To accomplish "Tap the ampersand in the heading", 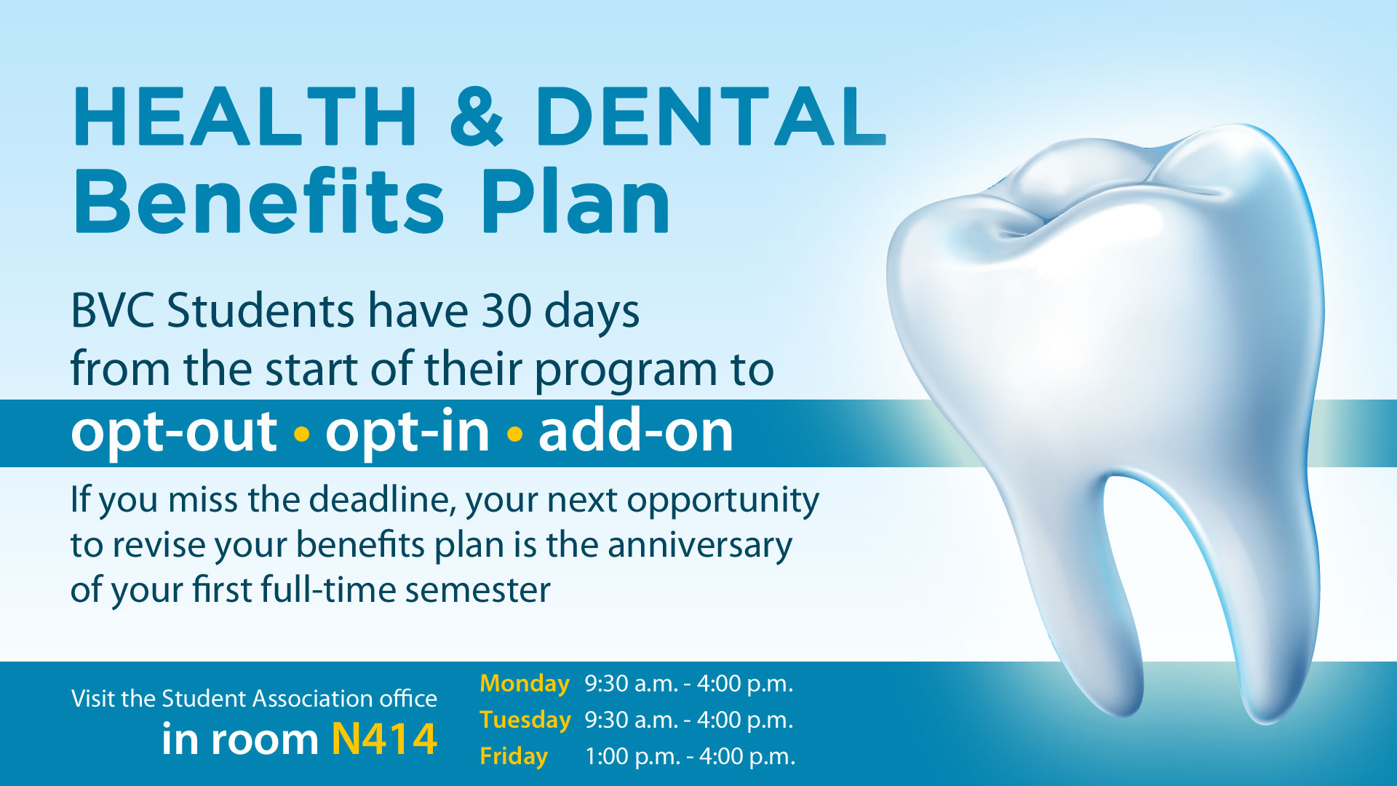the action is pos(477,116).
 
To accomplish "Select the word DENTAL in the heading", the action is pos(711,116).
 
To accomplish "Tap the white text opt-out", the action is pos(174,432).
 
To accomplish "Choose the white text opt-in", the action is pos(407,432).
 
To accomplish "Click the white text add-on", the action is pos(636,431).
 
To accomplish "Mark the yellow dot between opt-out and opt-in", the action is pos(301,434).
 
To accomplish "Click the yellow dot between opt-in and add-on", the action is pos(514,434).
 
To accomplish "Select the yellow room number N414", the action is pos(384,739).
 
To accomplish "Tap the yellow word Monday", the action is pos(525,684).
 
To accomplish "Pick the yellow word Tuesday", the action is pos(525,720).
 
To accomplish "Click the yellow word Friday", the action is pos(514,757).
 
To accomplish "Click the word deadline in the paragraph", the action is pos(383,500).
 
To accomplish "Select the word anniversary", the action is pos(700,546).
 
